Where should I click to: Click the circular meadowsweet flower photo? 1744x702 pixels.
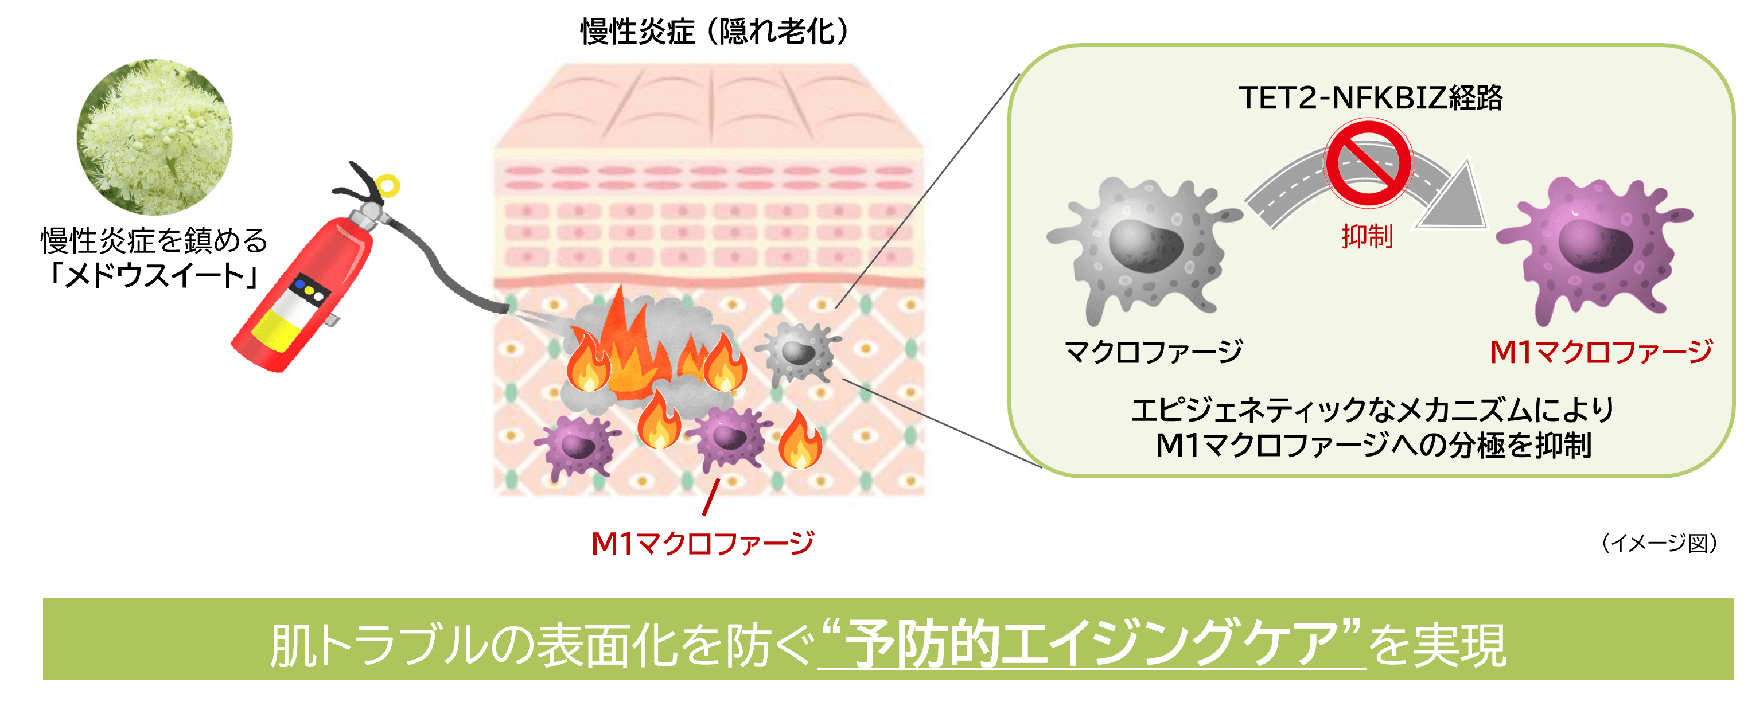pos(154,136)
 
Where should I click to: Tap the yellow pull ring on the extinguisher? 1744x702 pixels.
pos(388,185)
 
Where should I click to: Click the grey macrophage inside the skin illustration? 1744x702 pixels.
pos(799,352)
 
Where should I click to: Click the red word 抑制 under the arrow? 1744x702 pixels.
pos(1367,236)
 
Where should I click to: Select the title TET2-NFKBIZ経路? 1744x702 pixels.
pos(1371,98)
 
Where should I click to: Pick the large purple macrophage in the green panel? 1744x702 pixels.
pos(1594,251)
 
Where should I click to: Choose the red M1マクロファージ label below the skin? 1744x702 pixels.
pos(702,543)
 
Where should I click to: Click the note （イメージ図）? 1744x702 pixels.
pos(1659,543)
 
